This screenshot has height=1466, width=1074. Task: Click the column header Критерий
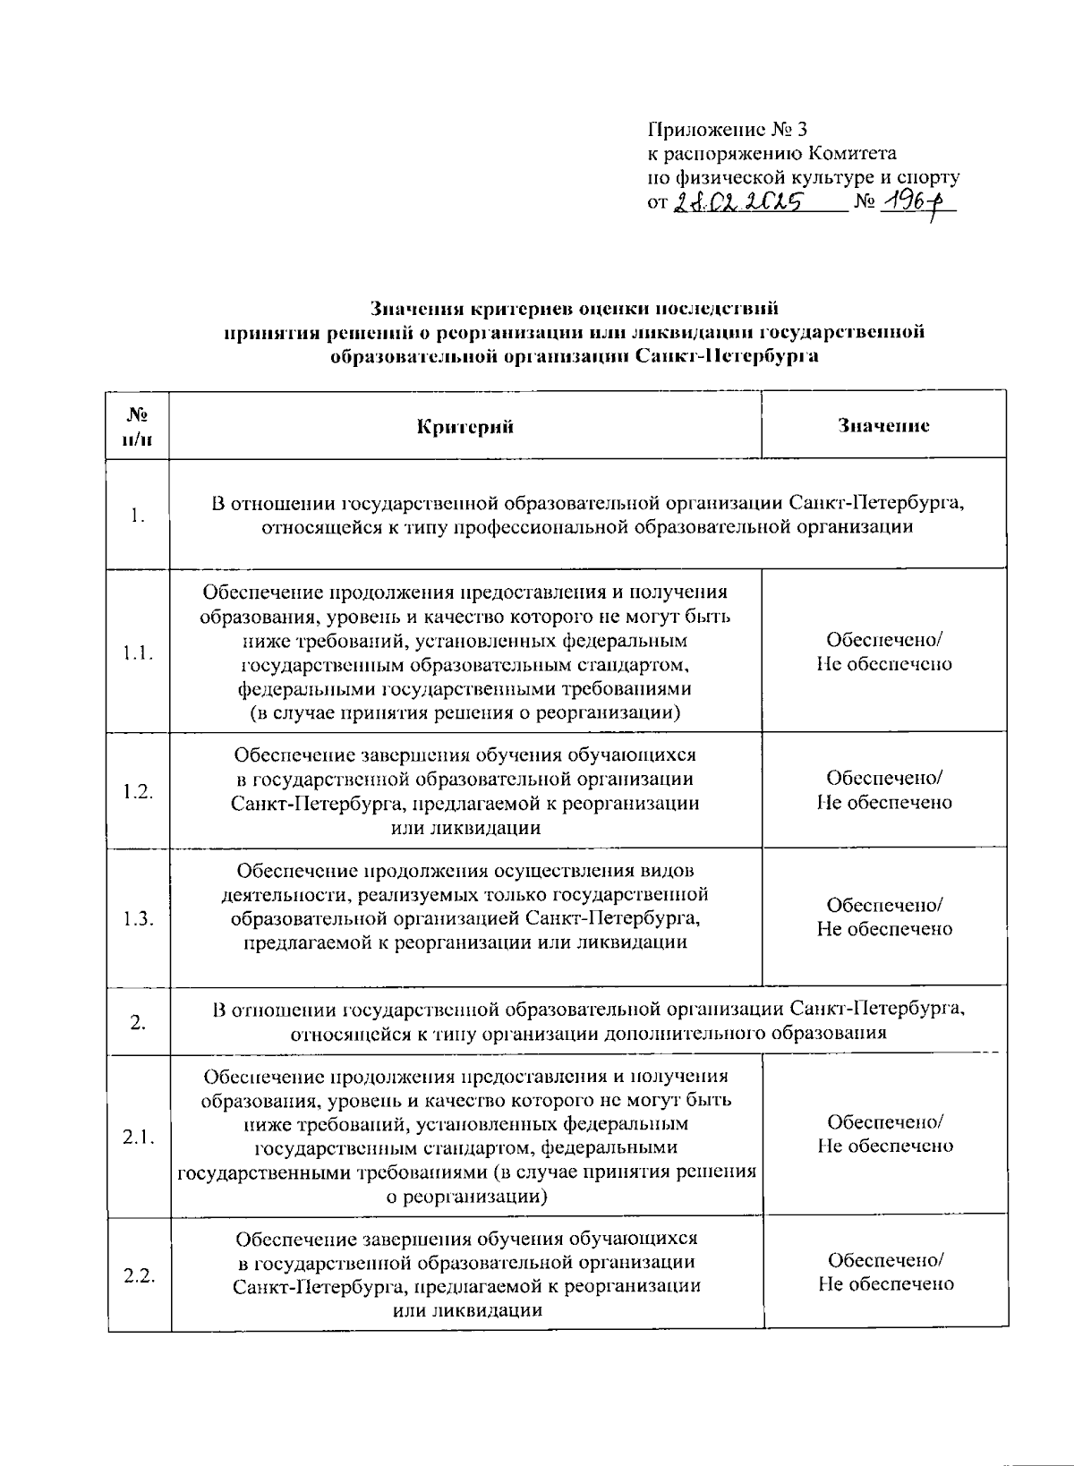[x=465, y=426]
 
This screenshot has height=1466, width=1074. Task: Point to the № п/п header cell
[x=137, y=426]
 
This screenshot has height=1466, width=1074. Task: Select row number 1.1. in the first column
[x=138, y=652]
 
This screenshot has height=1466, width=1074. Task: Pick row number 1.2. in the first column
[x=138, y=791]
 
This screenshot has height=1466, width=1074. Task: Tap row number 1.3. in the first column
[x=138, y=918]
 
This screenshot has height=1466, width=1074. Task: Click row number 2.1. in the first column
[x=139, y=1137]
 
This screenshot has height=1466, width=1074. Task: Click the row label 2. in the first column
[x=138, y=1022]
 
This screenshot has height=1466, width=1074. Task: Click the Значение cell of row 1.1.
[x=883, y=652]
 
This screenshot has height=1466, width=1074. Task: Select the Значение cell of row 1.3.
[x=883, y=917]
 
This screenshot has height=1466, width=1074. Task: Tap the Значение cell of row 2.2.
[x=885, y=1272]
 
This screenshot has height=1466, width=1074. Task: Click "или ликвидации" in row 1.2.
[x=465, y=828]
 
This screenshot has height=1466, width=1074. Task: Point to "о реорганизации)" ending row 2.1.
[x=466, y=1197]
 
